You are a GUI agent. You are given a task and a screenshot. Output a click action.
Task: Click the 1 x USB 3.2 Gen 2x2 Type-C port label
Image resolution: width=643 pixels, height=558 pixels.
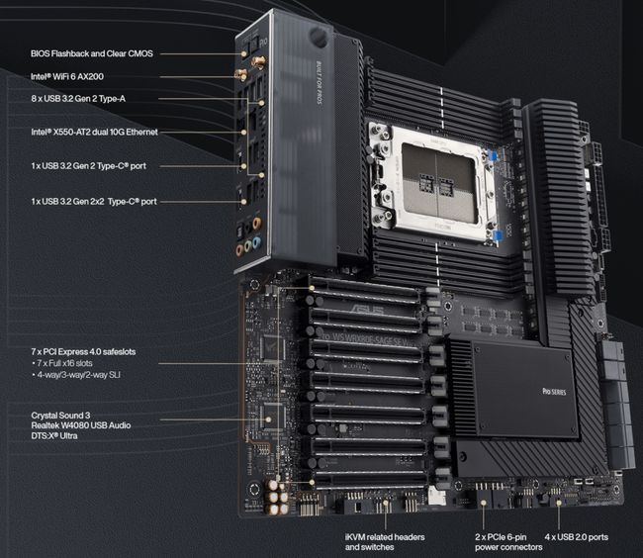tap(93, 202)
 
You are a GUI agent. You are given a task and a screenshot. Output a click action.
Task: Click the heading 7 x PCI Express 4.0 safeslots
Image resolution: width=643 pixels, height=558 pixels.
tap(87, 351)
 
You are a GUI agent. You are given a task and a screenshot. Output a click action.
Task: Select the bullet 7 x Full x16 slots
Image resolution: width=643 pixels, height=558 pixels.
tap(71, 364)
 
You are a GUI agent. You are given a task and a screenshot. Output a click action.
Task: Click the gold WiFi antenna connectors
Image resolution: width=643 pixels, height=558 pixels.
tap(247, 67)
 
